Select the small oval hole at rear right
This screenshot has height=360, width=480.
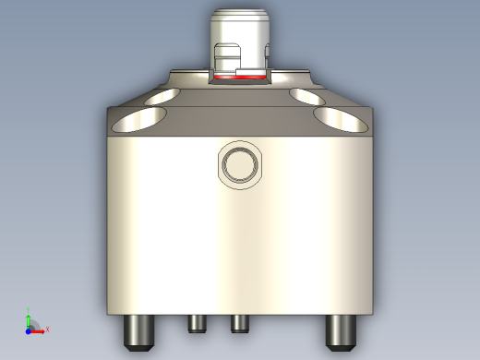[x=305, y=95]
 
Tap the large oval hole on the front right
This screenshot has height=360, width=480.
[x=341, y=117]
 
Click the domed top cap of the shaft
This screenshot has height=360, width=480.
[x=240, y=16]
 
